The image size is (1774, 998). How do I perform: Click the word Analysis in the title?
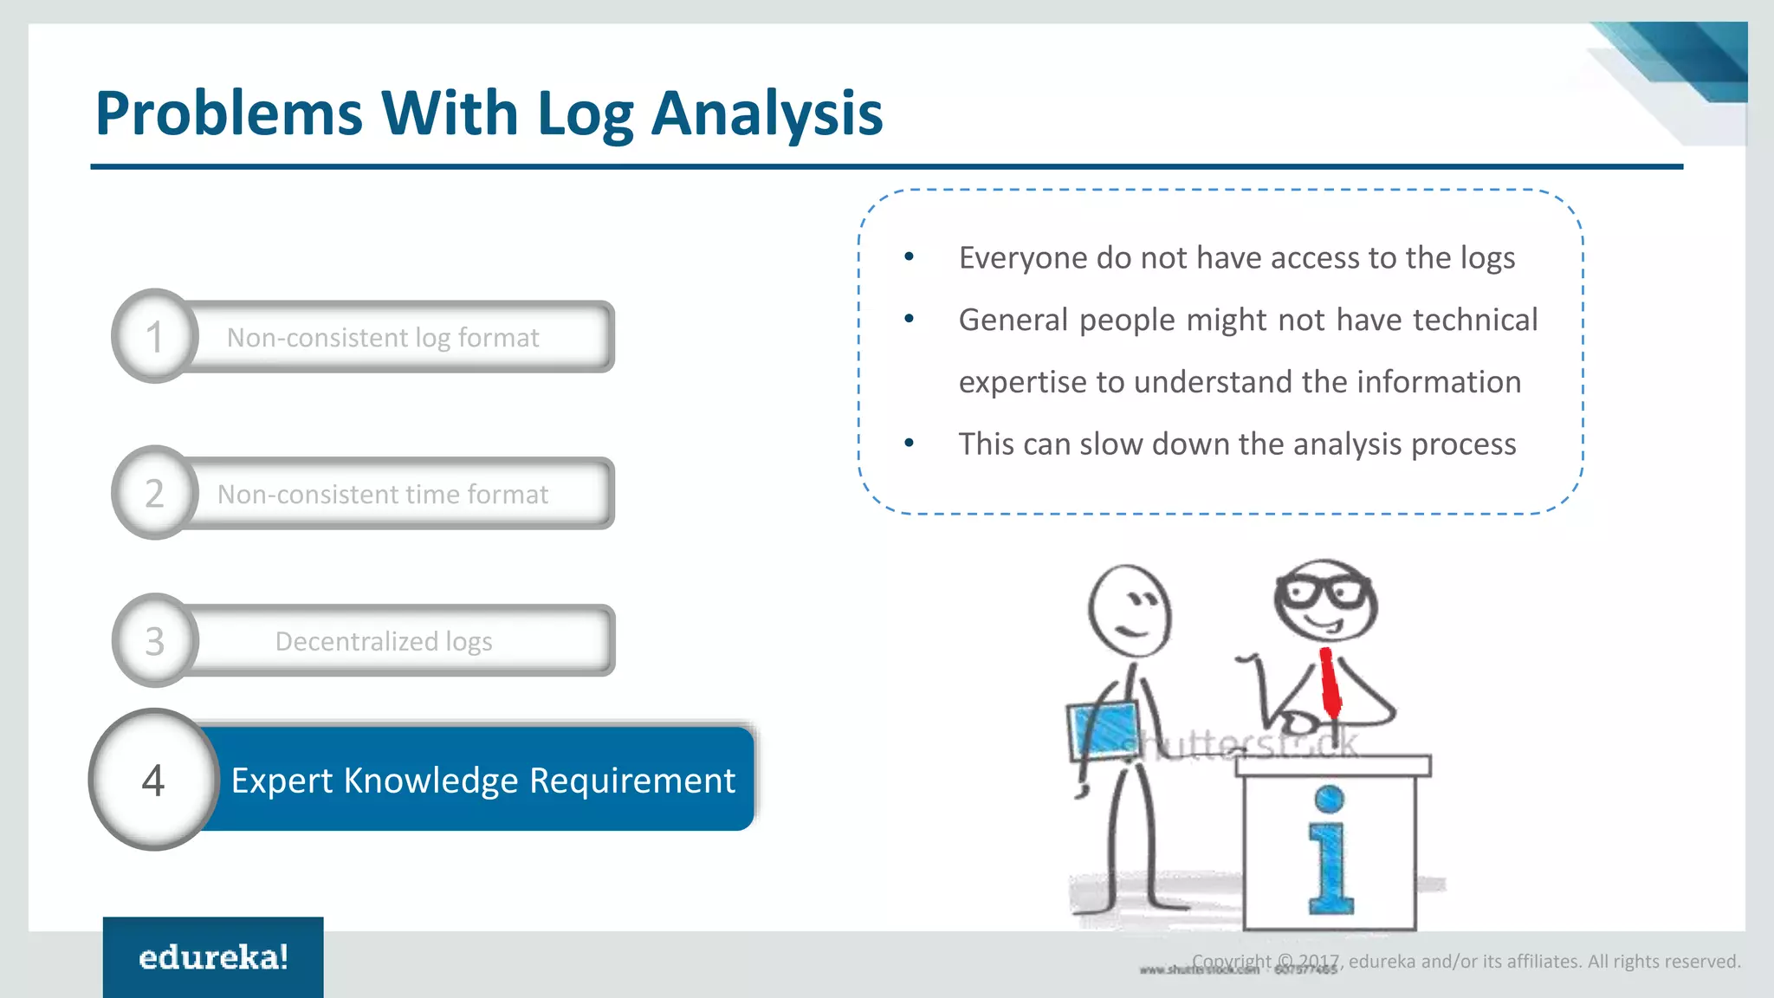coord(767,115)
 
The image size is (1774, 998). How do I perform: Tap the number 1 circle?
coord(155,336)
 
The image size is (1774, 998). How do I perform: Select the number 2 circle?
coord(155,493)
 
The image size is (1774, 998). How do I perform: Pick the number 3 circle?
coord(155,641)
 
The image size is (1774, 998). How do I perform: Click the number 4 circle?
coord(154,780)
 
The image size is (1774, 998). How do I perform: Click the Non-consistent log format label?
coord(382,337)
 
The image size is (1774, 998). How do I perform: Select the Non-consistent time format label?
coord(382,494)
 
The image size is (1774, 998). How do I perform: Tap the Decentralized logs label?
coord(384,641)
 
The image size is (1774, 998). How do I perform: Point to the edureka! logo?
coord(213,957)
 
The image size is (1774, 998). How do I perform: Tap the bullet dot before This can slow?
coord(909,444)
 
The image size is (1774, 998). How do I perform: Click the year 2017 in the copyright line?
coord(1318,962)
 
